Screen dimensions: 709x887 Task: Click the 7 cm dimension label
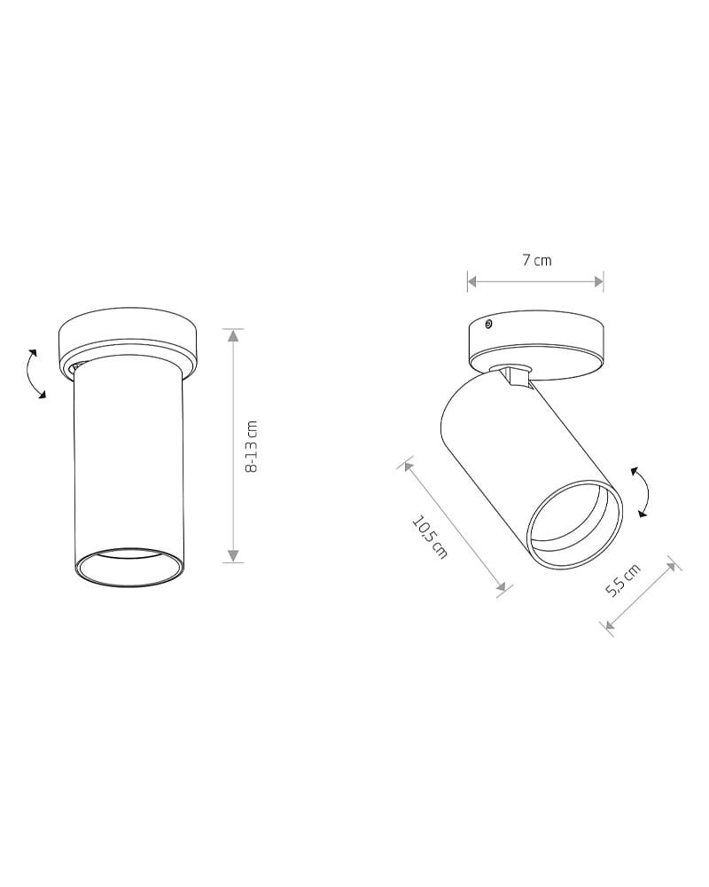click(x=536, y=260)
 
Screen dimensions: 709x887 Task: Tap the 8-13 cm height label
click(x=252, y=446)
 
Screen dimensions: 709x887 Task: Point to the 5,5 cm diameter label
click(x=623, y=580)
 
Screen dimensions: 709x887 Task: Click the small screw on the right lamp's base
click(x=488, y=324)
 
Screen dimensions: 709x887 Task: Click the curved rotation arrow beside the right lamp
click(x=642, y=491)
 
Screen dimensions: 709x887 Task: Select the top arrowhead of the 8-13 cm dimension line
click(x=233, y=335)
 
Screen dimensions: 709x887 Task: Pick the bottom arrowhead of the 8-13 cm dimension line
click(x=233, y=555)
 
